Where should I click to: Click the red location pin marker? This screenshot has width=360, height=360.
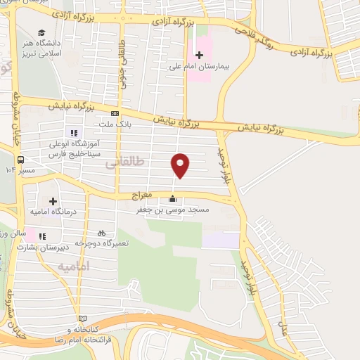pyautogui.click(x=181, y=165)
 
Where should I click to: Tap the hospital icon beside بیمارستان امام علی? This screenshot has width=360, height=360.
pyautogui.click(x=199, y=56)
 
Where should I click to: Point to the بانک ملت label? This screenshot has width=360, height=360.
pyautogui.click(x=115, y=124)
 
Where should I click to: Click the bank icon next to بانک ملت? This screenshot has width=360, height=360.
pyautogui.click(x=115, y=113)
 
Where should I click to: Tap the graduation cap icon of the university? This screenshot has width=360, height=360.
pyautogui.click(x=42, y=33)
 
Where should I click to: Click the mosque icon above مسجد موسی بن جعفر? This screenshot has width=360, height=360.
pyautogui.click(x=174, y=198)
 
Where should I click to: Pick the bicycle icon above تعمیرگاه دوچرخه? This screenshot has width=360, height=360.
pyautogui.click(x=102, y=232)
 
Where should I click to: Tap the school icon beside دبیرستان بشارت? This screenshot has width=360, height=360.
pyautogui.click(x=42, y=236)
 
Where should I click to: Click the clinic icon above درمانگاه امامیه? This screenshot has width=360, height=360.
pyautogui.click(x=53, y=201)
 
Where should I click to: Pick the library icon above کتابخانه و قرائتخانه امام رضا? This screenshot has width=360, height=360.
pyautogui.click(x=83, y=319)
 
